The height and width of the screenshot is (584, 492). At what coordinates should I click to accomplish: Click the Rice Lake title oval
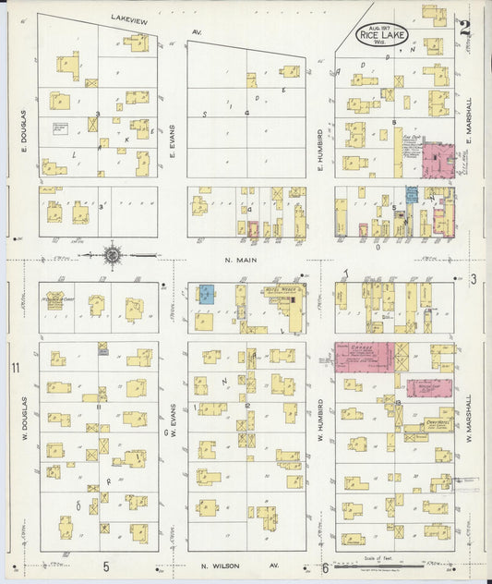[389, 36]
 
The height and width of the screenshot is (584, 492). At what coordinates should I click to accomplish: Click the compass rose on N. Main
[112, 254]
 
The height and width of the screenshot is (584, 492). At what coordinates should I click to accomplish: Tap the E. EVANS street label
[173, 142]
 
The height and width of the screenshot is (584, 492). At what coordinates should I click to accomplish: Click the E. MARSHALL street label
[469, 121]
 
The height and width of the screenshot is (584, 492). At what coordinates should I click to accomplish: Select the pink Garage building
[365, 357]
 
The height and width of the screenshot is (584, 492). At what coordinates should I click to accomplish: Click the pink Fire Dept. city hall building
[438, 159]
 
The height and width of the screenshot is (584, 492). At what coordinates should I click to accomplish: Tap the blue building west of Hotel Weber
[207, 295]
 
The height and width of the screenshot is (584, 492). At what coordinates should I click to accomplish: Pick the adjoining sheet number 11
[15, 369]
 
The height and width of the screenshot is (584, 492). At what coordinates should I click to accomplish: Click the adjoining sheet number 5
[106, 566]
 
